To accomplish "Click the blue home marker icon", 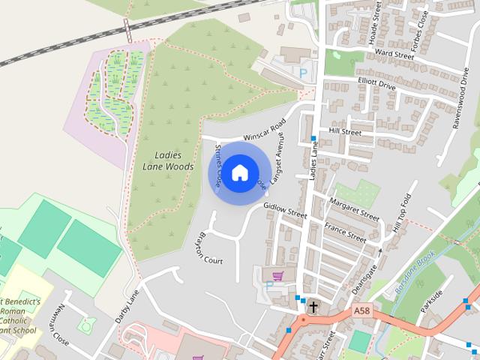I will pos(239,173).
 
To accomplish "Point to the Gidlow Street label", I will pos(285,210).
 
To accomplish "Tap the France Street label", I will pos(345,232).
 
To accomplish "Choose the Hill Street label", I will pos(345,132).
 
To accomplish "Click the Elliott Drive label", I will pos(376,84).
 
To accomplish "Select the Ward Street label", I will pos(394,55).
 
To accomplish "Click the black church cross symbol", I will pos(312,307).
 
